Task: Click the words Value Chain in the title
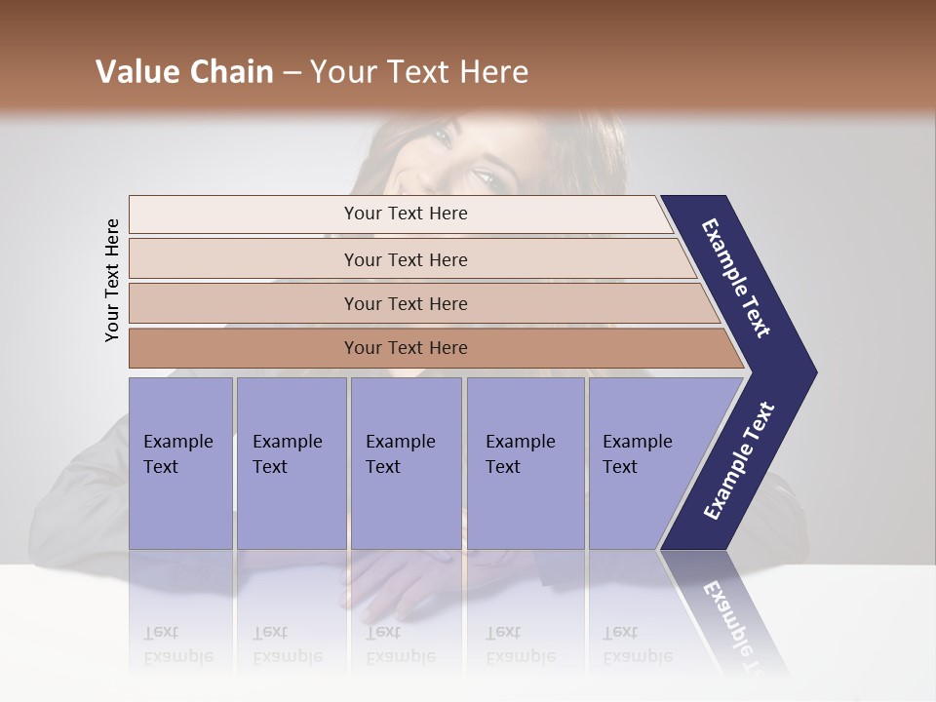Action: [x=184, y=72]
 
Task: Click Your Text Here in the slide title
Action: [x=419, y=72]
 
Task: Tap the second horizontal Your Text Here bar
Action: [x=406, y=259]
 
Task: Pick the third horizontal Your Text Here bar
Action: [x=406, y=303]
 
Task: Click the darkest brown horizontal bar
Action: [x=406, y=348]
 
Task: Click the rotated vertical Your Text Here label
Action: [x=112, y=280]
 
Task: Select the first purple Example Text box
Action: [x=180, y=462]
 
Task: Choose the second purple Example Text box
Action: [x=291, y=462]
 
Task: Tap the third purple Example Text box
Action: [x=406, y=462]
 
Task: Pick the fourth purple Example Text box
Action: [x=525, y=462]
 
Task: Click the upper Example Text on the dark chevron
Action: [x=736, y=278]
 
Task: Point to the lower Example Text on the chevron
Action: [x=739, y=461]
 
